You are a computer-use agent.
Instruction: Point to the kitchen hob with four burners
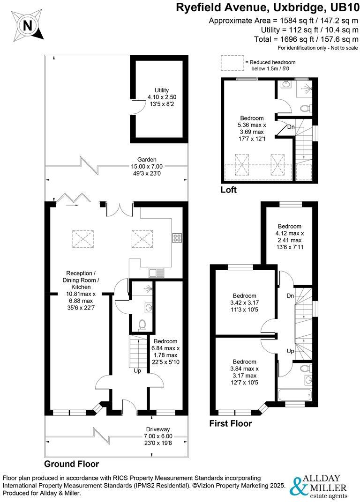point(177,238)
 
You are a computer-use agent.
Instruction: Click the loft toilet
point(306,108)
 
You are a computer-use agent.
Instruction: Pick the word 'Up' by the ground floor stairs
point(138,370)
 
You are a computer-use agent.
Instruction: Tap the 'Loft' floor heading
point(229,190)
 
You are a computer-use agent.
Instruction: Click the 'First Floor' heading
point(230,424)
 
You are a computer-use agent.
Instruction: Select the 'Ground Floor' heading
point(71,464)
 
